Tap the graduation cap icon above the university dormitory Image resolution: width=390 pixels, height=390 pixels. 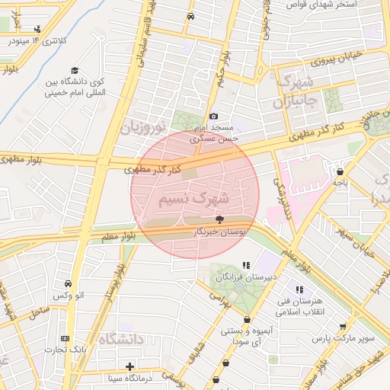pos(74,70)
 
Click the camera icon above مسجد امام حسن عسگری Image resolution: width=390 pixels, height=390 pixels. pos(213,115)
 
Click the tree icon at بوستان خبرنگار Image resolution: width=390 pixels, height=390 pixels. pos(220,219)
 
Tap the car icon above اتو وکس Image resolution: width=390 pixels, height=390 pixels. pos(69,283)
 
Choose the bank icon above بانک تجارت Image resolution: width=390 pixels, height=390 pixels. pos(65,338)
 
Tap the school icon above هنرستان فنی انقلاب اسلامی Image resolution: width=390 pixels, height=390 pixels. pos(300,289)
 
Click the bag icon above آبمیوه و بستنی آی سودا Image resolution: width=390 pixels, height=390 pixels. pos(246,320)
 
